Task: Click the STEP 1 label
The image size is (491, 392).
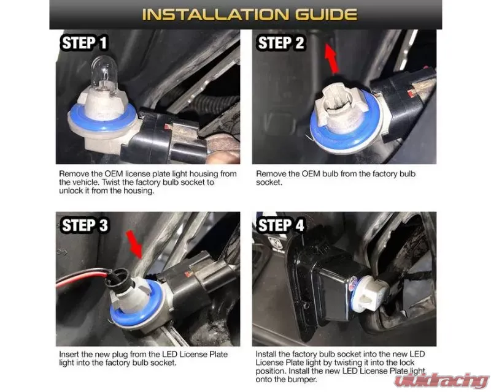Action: (x=84, y=43)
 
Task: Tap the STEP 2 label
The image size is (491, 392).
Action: (x=280, y=43)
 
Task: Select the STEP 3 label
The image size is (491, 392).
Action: (x=85, y=225)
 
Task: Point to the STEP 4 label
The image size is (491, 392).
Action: (x=280, y=225)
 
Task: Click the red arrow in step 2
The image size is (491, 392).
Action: (x=331, y=59)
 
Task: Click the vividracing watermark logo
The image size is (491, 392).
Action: (x=441, y=380)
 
